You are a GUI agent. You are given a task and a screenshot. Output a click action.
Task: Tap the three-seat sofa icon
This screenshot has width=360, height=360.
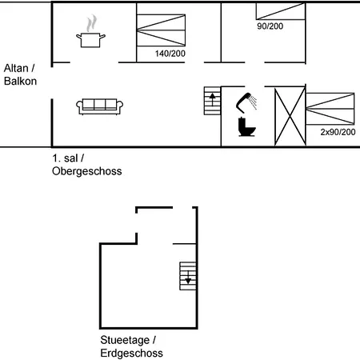coord(99,106)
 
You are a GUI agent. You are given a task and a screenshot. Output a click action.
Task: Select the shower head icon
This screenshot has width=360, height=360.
coord(246,102)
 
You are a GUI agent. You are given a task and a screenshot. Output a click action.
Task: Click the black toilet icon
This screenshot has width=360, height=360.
coord(246,127)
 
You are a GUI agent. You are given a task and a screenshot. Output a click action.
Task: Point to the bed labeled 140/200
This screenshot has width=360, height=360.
coord(161,30)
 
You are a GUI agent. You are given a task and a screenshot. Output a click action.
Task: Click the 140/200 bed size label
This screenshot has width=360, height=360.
coord(170,54)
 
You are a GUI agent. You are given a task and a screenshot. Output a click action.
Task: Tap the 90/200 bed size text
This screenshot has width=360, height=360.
coord(270,26)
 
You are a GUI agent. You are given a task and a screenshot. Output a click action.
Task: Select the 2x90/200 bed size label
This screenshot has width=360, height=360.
coord(338,132)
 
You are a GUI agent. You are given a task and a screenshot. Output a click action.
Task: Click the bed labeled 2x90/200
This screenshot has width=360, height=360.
coord(330,109)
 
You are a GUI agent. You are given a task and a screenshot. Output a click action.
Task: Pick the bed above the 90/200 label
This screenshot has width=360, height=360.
coord(281,11)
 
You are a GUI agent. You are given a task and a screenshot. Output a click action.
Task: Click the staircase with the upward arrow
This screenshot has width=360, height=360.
coord(212,101)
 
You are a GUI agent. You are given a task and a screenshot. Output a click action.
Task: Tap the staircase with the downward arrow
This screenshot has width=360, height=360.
coord(188,276)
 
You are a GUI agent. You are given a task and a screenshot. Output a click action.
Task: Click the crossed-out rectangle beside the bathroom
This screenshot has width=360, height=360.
coord(290,116)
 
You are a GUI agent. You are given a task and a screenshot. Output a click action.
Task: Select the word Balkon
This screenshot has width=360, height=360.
coord(20,81)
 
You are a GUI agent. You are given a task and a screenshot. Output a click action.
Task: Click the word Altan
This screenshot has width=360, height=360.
coord(16,68)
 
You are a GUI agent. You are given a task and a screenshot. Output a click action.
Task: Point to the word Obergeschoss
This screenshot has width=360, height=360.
coord(87,171)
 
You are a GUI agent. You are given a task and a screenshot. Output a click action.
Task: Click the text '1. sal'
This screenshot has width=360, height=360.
coord(65,158)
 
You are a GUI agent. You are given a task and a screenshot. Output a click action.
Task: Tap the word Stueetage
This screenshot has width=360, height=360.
coord(125,340)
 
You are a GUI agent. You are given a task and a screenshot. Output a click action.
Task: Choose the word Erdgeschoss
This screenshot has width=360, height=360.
coord(132,353)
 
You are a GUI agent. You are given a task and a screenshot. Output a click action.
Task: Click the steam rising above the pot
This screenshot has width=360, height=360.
coord(91,23)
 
